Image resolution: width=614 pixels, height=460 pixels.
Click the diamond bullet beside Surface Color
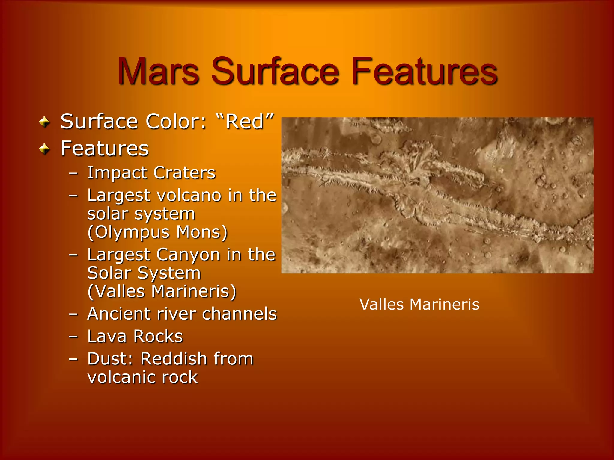tap(44, 122)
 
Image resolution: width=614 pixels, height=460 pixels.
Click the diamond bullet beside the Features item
tap(44, 149)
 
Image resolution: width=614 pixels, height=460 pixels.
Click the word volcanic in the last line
tap(121, 377)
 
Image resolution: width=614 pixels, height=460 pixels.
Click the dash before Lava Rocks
tap(73, 337)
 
